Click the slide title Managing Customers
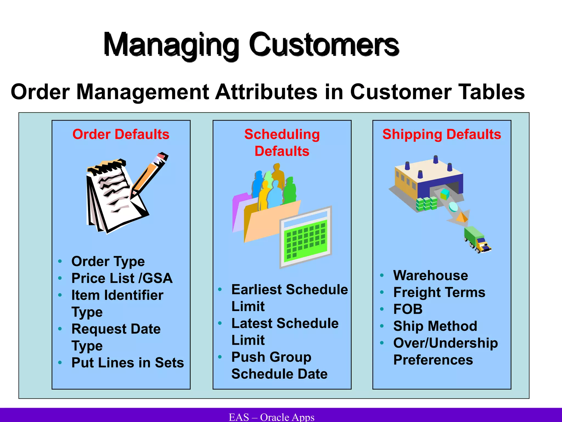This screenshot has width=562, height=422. (251, 45)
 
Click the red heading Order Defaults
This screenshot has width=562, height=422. (121, 134)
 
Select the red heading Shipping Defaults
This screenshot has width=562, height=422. (442, 134)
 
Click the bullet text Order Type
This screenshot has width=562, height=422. (108, 261)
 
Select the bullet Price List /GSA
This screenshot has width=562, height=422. (122, 278)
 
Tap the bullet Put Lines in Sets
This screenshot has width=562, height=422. (128, 362)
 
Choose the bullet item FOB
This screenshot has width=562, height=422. (408, 309)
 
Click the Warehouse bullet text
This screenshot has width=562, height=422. (431, 275)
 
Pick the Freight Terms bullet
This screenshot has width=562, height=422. (439, 292)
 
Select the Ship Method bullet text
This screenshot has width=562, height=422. (435, 326)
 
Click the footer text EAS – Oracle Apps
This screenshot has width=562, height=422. (271, 417)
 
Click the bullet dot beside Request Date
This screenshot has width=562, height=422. (60, 329)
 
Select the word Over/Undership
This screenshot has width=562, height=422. (445, 343)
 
